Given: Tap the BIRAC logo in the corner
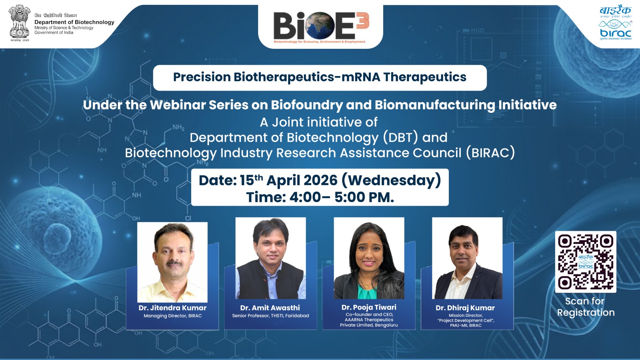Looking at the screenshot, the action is pyautogui.click(x=616, y=23).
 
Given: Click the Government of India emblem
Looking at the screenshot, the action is pyautogui.click(x=20, y=23).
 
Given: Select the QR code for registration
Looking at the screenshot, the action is pyautogui.click(x=586, y=262).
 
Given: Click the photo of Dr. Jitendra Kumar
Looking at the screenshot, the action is pyautogui.click(x=172, y=262).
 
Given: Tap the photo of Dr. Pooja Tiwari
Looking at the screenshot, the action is pyautogui.click(x=369, y=258).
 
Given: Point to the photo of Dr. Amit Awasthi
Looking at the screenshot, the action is pyautogui.click(x=270, y=258).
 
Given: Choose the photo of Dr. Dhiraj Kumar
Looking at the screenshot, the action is pyautogui.click(x=467, y=258).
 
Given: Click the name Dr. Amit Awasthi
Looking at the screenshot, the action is pyautogui.click(x=270, y=308).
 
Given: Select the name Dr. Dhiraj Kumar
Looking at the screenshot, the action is pyautogui.click(x=465, y=308).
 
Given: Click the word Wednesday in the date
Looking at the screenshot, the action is pyautogui.click(x=392, y=180).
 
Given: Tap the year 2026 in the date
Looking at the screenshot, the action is pyautogui.click(x=320, y=180).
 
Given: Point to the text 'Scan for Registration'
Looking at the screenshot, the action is pyautogui.click(x=586, y=307).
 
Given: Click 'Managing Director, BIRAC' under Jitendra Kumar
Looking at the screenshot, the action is pyautogui.click(x=172, y=316).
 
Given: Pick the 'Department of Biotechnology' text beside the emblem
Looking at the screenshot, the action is pyautogui.click(x=74, y=22).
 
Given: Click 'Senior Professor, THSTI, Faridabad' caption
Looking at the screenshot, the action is pyautogui.click(x=270, y=316).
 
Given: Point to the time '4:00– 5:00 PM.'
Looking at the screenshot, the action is pyautogui.click(x=342, y=197).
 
